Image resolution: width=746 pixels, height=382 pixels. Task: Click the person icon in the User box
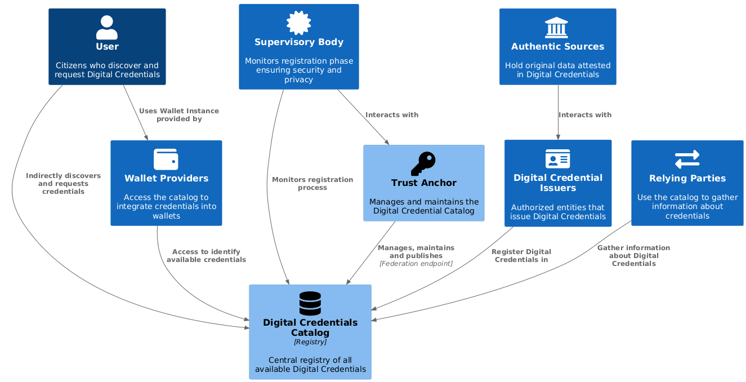107,27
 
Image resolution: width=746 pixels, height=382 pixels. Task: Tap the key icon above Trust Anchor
423,164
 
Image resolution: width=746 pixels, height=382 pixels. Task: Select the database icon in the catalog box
310,303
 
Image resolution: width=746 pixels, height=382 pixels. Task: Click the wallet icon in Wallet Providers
166,159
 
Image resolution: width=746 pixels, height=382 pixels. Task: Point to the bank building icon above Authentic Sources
557,28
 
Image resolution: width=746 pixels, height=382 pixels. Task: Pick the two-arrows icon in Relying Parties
687,159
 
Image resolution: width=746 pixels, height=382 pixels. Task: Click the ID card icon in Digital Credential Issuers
557,159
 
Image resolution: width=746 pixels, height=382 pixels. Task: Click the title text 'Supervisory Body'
298,42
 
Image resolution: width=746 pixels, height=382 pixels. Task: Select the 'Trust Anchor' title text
423,183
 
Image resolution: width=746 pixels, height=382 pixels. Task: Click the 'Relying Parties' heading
687,179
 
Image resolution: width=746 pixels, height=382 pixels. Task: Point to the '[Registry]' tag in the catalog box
310,342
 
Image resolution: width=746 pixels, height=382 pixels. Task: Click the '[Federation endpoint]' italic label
416,264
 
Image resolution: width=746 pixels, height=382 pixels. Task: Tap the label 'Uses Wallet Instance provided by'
178,115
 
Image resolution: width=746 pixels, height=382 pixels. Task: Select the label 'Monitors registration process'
312,184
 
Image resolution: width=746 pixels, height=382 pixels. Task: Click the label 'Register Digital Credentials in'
521,256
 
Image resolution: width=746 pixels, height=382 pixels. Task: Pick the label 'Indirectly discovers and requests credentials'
63,184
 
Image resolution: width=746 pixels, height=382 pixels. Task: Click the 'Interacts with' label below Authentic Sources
584,115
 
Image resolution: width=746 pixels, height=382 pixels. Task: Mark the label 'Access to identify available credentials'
206,256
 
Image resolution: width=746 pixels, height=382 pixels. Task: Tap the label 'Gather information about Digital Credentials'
633,256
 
